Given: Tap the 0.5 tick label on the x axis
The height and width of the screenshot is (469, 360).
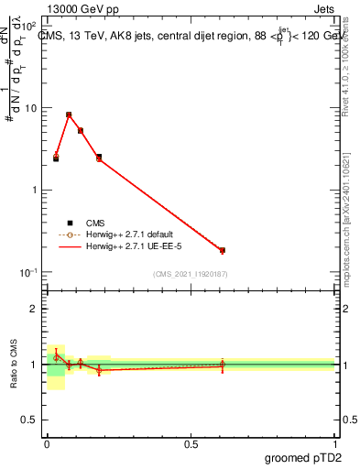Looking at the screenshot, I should click(x=190, y=443).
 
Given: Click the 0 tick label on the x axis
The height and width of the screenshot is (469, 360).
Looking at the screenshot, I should click(x=47, y=443).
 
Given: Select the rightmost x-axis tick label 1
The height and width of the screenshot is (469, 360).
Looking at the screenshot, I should click(x=335, y=443).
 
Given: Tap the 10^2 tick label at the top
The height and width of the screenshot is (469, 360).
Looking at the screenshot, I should click(x=30, y=27).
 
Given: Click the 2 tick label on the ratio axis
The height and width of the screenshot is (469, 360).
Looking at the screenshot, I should click(x=34, y=309).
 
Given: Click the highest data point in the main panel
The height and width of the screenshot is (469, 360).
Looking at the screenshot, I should click(x=69, y=115).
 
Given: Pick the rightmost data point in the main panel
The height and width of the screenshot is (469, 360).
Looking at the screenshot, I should click(x=223, y=250).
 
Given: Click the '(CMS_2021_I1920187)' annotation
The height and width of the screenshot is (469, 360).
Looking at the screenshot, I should click(x=190, y=275).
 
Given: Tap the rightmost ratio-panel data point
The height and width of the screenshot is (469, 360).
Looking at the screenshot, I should click(x=223, y=365).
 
